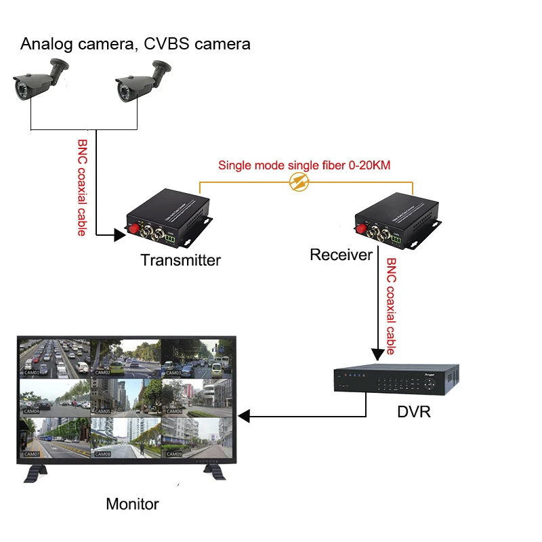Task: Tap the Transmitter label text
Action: (180, 259)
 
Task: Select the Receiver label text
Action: (341, 255)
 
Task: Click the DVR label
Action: (414, 411)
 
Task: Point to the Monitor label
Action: (132, 504)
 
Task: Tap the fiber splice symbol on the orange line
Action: (299, 182)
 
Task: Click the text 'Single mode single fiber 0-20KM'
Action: (304, 165)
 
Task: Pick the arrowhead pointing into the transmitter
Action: (116, 235)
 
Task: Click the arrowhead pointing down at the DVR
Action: (377, 354)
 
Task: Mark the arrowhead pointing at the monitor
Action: (246, 415)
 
